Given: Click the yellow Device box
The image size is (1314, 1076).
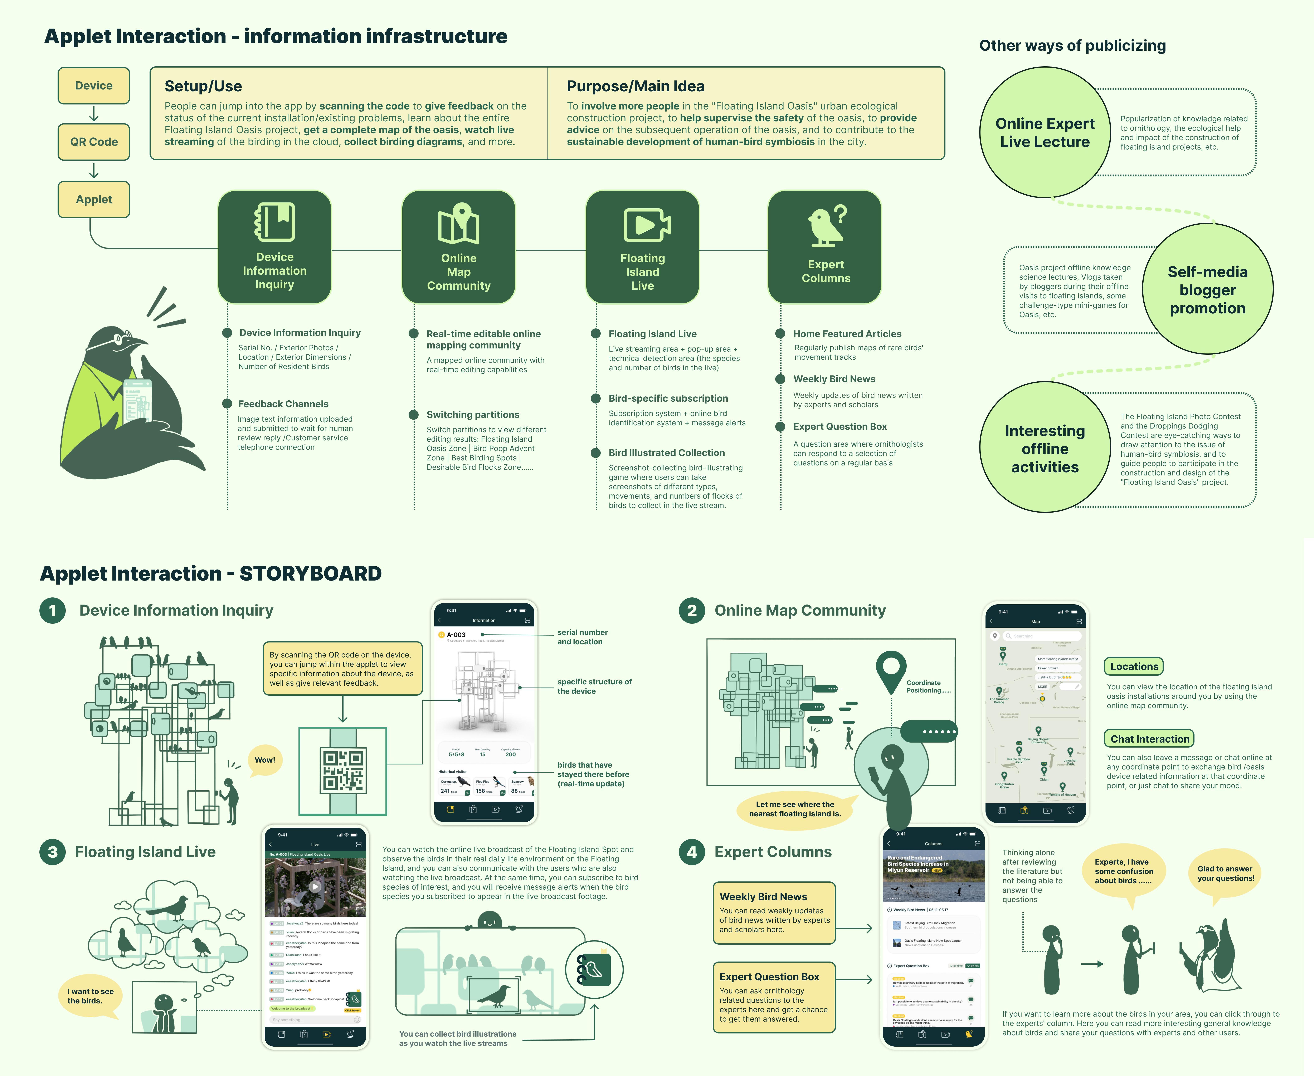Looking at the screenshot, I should [94, 85].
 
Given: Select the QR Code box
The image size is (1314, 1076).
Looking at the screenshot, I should [94, 142].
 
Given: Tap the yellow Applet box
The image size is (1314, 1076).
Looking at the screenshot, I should [94, 200].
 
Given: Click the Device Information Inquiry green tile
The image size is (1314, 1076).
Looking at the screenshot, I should [274, 247].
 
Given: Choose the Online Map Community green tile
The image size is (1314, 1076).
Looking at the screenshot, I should [459, 247].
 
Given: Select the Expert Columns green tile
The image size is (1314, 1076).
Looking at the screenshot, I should [825, 247].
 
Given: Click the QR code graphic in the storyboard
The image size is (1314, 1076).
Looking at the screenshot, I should [343, 771].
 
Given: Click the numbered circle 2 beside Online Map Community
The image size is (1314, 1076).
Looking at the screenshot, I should [692, 611].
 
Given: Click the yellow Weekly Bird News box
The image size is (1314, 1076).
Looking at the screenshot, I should [774, 912].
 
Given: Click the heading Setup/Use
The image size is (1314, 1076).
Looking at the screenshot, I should [203, 86].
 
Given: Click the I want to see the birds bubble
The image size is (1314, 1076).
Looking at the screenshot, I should [91, 997].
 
